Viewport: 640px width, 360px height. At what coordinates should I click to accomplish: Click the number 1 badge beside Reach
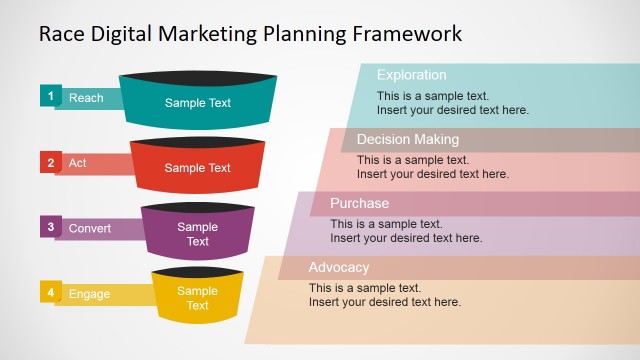coord(50,96)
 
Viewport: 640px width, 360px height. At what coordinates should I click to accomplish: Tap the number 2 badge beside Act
coord(50,162)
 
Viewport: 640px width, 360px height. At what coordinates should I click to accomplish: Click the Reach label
coord(86,98)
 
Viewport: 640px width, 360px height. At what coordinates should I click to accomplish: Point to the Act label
coord(77,163)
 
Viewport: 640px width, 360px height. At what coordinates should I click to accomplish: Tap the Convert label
coord(90,228)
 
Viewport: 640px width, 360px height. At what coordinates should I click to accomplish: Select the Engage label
coord(89,294)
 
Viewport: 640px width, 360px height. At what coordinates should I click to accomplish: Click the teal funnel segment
coord(198,103)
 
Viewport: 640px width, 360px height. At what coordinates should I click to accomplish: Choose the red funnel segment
coord(198,168)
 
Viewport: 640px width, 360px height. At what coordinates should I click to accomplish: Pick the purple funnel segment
coord(198,234)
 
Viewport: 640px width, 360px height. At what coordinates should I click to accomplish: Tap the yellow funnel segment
coord(198,298)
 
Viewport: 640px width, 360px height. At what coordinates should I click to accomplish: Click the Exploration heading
coord(411,75)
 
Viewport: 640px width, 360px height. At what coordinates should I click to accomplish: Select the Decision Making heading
coord(407,139)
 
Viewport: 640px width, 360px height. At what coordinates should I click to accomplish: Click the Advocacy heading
coord(339,267)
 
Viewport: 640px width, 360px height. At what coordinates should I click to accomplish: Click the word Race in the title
coord(61,33)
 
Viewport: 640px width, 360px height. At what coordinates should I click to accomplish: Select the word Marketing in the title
coord(200,33)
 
